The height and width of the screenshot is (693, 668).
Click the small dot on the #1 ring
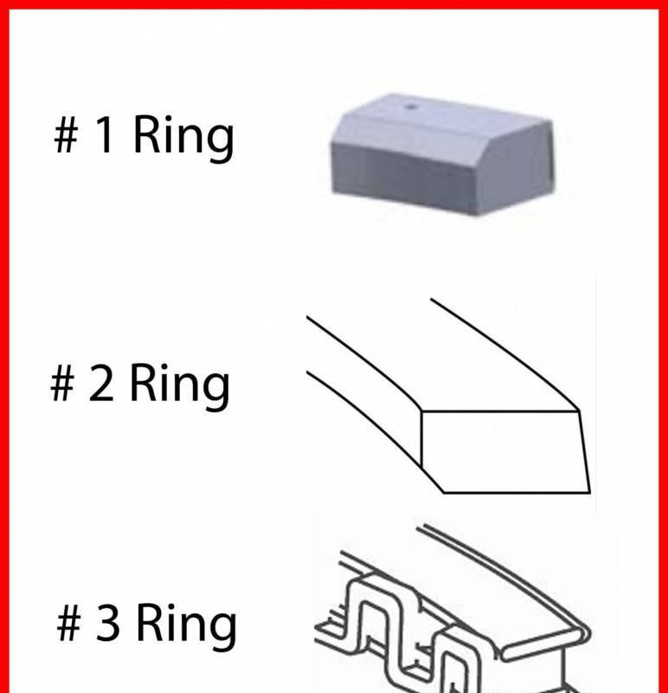(411, 107)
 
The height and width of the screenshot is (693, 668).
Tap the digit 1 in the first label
(104, 133)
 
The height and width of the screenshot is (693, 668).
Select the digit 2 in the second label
(100, 383)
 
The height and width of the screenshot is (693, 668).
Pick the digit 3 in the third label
(107, 622)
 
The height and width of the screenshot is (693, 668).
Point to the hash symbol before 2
(62, 383)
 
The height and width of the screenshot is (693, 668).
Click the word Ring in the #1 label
(183, 138)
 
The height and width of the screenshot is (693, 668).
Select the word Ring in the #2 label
(180, 386)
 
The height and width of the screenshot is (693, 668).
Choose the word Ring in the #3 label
(187, 626)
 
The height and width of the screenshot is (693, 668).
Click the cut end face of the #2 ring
(505, 451)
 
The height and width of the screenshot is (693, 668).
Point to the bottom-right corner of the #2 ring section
(590, 492)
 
